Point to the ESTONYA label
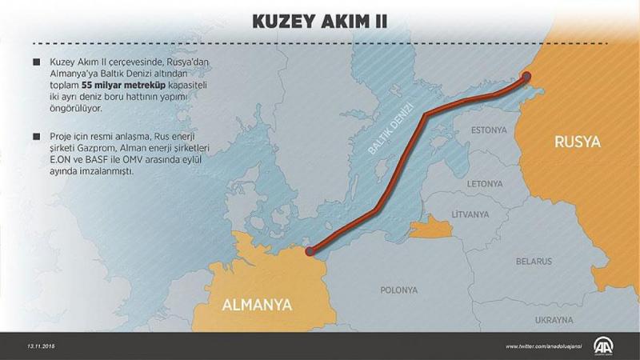[x=488, y=130]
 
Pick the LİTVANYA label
[x=470, y=215]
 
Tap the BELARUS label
[x=533, y=262]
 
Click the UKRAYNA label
[x=554, y=319]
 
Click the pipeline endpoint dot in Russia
[x=526, y=76]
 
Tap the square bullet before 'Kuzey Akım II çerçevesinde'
[x=36, y=62]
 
